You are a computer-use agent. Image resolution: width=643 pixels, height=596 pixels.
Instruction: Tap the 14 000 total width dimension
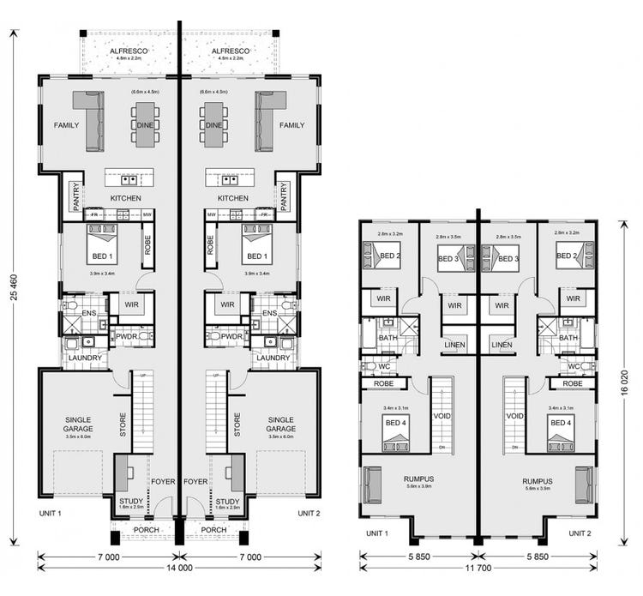click(x=179, y=568)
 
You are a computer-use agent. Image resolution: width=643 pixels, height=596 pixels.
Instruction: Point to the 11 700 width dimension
click(x=478, y=568)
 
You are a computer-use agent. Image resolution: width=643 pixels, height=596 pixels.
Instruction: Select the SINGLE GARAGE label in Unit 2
click(x=280, y=424)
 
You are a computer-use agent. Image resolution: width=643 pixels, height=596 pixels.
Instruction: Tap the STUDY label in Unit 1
click(x=130, y=502)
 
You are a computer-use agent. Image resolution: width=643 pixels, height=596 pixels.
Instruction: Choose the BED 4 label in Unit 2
click(x=561, y=423)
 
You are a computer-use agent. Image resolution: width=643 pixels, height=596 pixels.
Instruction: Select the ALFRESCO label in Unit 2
click(x=229, y=51)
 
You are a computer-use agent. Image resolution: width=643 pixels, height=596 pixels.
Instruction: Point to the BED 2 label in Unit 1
click(x=391, y=256)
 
